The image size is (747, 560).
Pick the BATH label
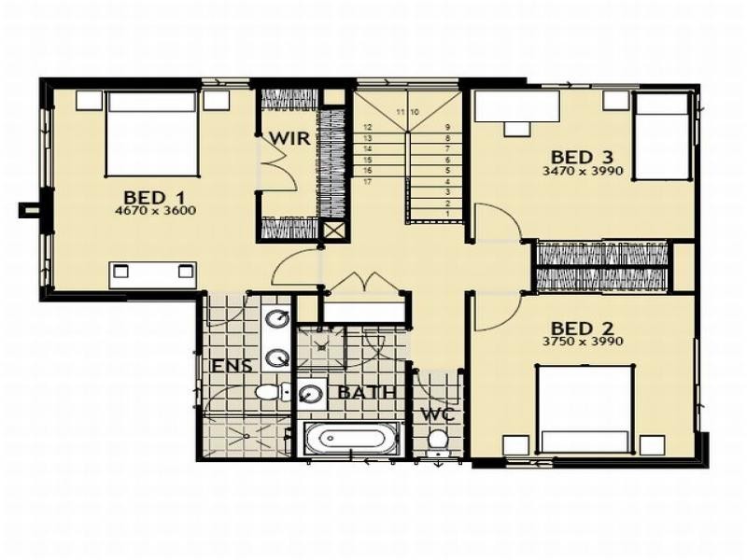point(367,392)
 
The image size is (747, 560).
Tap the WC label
point(436,413)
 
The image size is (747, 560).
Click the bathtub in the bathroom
point(351,439)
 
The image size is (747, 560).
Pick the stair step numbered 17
point(368,182)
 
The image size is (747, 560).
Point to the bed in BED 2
point(585,409)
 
